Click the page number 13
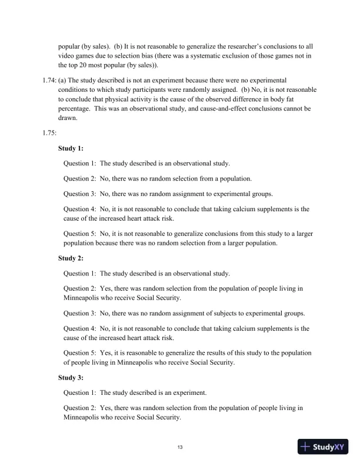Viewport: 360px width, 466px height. pos(180,448)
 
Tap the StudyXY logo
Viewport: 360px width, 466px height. pos(323,447)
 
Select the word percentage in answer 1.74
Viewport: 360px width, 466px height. pos(76,109)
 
